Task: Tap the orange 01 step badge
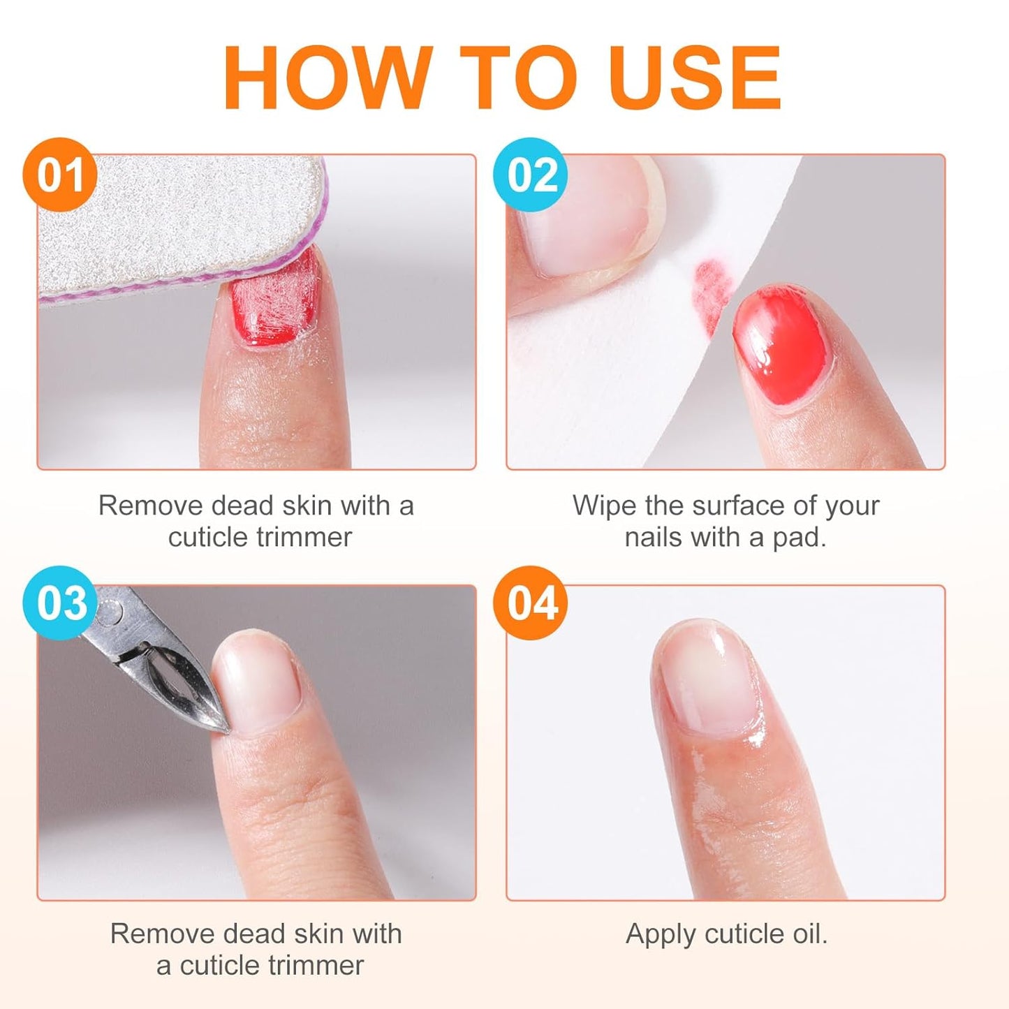coord(59,175)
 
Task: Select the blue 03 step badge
coord(61,603)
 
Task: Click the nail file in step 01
coord(175,223)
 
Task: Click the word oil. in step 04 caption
coord(804,934)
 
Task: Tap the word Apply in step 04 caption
coord(661,934)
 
